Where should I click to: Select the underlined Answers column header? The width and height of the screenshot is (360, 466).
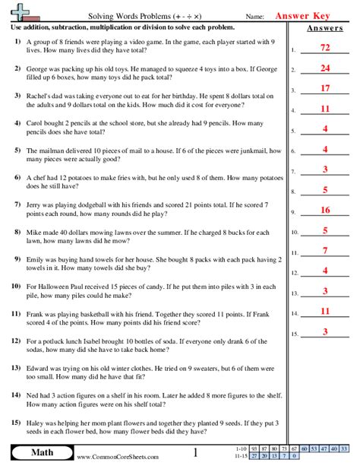(324, 29)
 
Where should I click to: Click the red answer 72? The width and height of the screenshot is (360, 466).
(324, 47)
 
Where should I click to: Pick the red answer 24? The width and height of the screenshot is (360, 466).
(324, 68)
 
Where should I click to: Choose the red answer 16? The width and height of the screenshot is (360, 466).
(324, 209)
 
